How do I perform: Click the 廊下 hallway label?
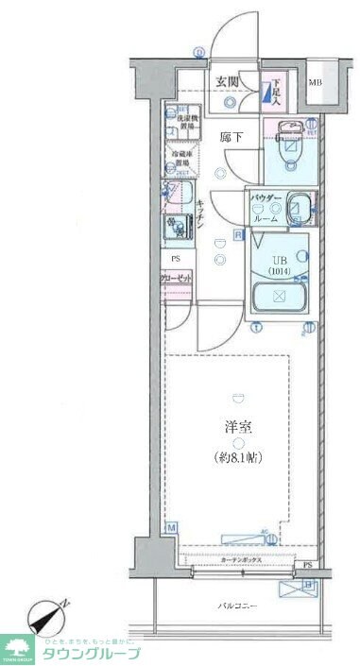point(231,138)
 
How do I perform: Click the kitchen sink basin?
point(178,196)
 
